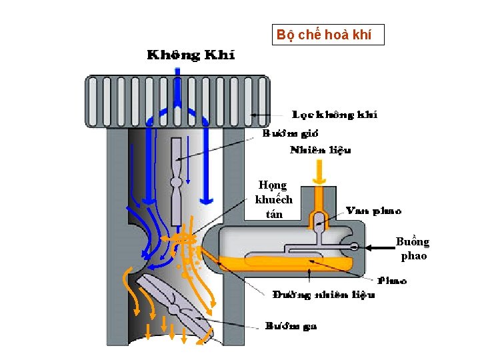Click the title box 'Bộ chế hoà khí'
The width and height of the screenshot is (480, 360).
328,35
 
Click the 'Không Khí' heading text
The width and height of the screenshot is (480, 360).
191,55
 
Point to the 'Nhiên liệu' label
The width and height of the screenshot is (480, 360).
320,150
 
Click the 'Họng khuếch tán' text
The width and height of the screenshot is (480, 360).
274,199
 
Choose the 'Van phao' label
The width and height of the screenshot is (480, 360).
373,211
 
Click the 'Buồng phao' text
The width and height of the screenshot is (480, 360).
412,248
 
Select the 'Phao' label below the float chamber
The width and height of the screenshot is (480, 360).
393,281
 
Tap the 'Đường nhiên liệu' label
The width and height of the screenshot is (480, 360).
324,294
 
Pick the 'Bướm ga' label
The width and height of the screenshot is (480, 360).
291,326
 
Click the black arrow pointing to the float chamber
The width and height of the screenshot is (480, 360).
381,247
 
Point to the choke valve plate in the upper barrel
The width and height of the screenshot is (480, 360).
176,181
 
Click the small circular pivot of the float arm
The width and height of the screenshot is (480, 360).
353,247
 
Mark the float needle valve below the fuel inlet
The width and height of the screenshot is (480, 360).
319,223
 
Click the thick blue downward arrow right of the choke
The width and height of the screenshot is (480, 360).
207,173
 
